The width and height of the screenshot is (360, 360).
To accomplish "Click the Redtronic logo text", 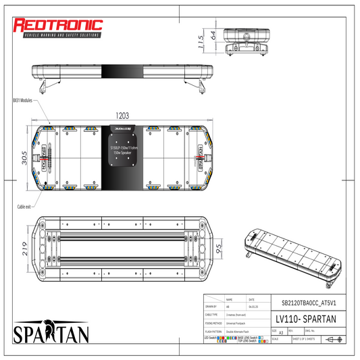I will pyautogui.click(x=58, y=25).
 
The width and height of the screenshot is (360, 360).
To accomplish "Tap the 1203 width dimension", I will pyautogui.click(x=122, y=115).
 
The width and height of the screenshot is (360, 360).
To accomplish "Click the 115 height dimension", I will pyautogui.click(x=200, y=43).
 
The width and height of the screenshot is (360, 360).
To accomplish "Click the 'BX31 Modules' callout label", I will pyautogui.click(x=22, y=100).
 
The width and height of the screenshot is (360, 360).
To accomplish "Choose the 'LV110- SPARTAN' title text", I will pyautogui.click(x=301, y=317).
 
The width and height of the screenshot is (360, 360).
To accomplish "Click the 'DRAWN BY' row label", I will pyautogui.click(x=211, y=306).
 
